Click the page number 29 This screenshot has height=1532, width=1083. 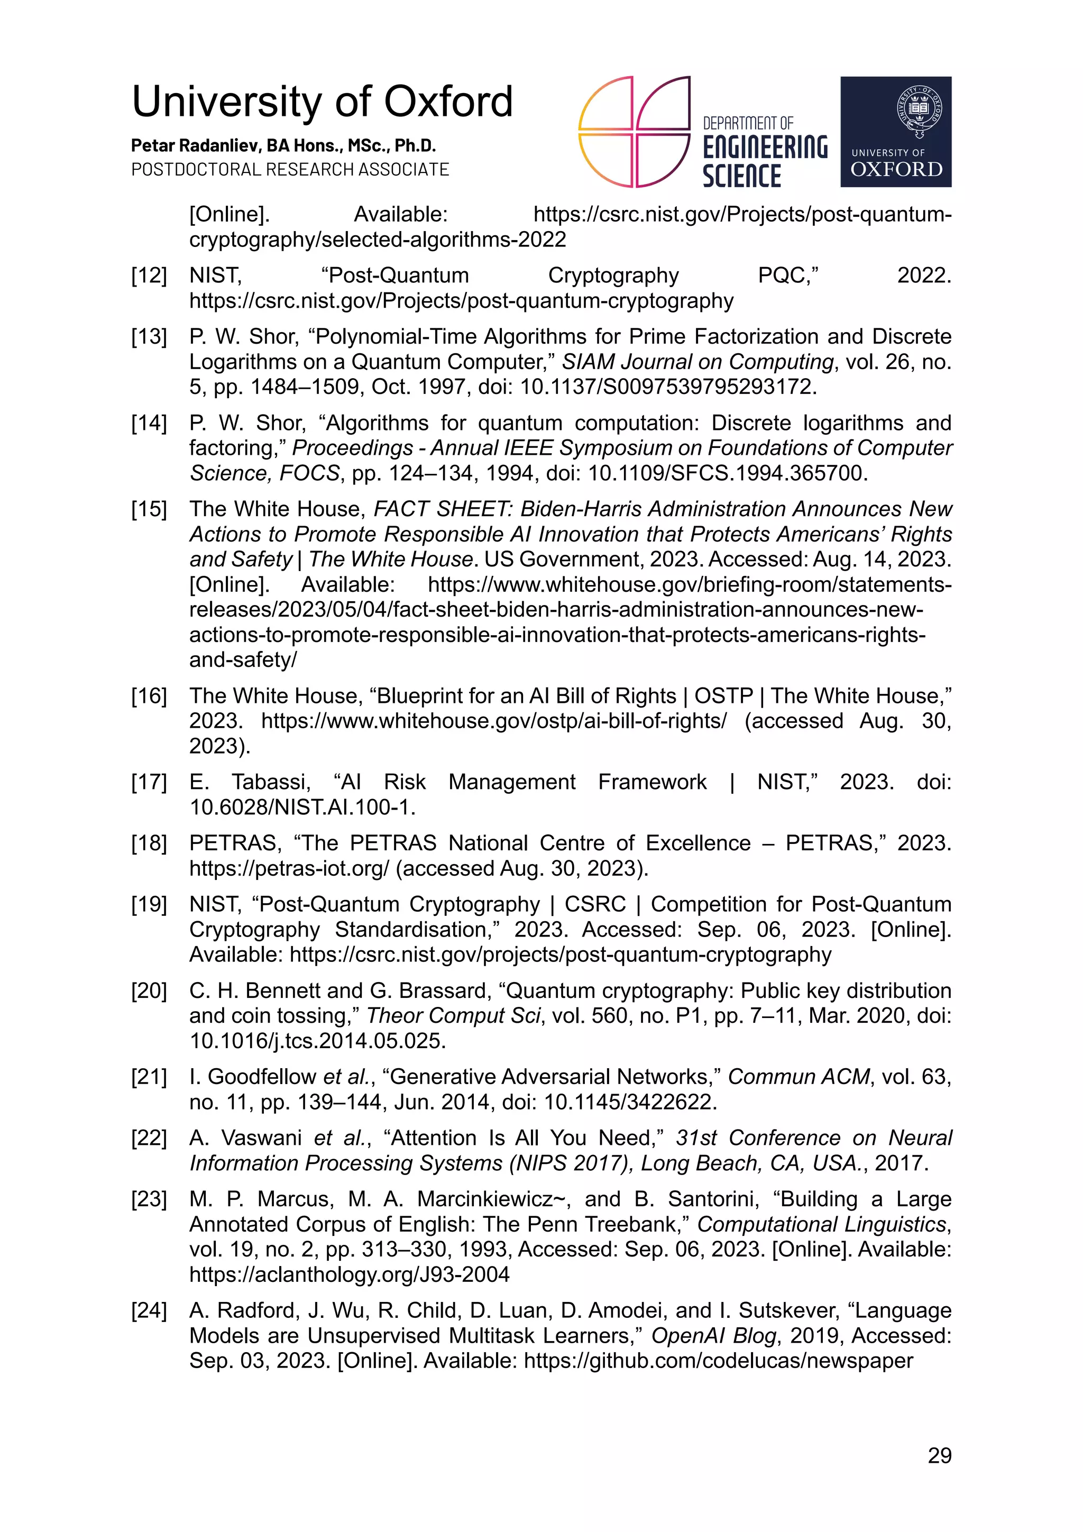tap(939, 1455)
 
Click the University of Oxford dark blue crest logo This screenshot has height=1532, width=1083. tap(895, 132)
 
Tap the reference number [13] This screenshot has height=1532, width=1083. tap(148, 336)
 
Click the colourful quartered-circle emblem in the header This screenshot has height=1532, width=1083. tap(634, 132)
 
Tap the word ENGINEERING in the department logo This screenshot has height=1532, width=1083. tap(765, 148)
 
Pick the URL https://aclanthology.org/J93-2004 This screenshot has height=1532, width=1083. tap(349, 1274)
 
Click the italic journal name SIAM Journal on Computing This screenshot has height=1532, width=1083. tap(697, 362)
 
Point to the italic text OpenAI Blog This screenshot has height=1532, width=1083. tap(713, 1335)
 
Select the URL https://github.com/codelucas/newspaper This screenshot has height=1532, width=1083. tap(718, 1361)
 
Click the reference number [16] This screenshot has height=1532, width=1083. tap(148, 695)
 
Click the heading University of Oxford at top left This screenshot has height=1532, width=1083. tap(322, 102)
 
